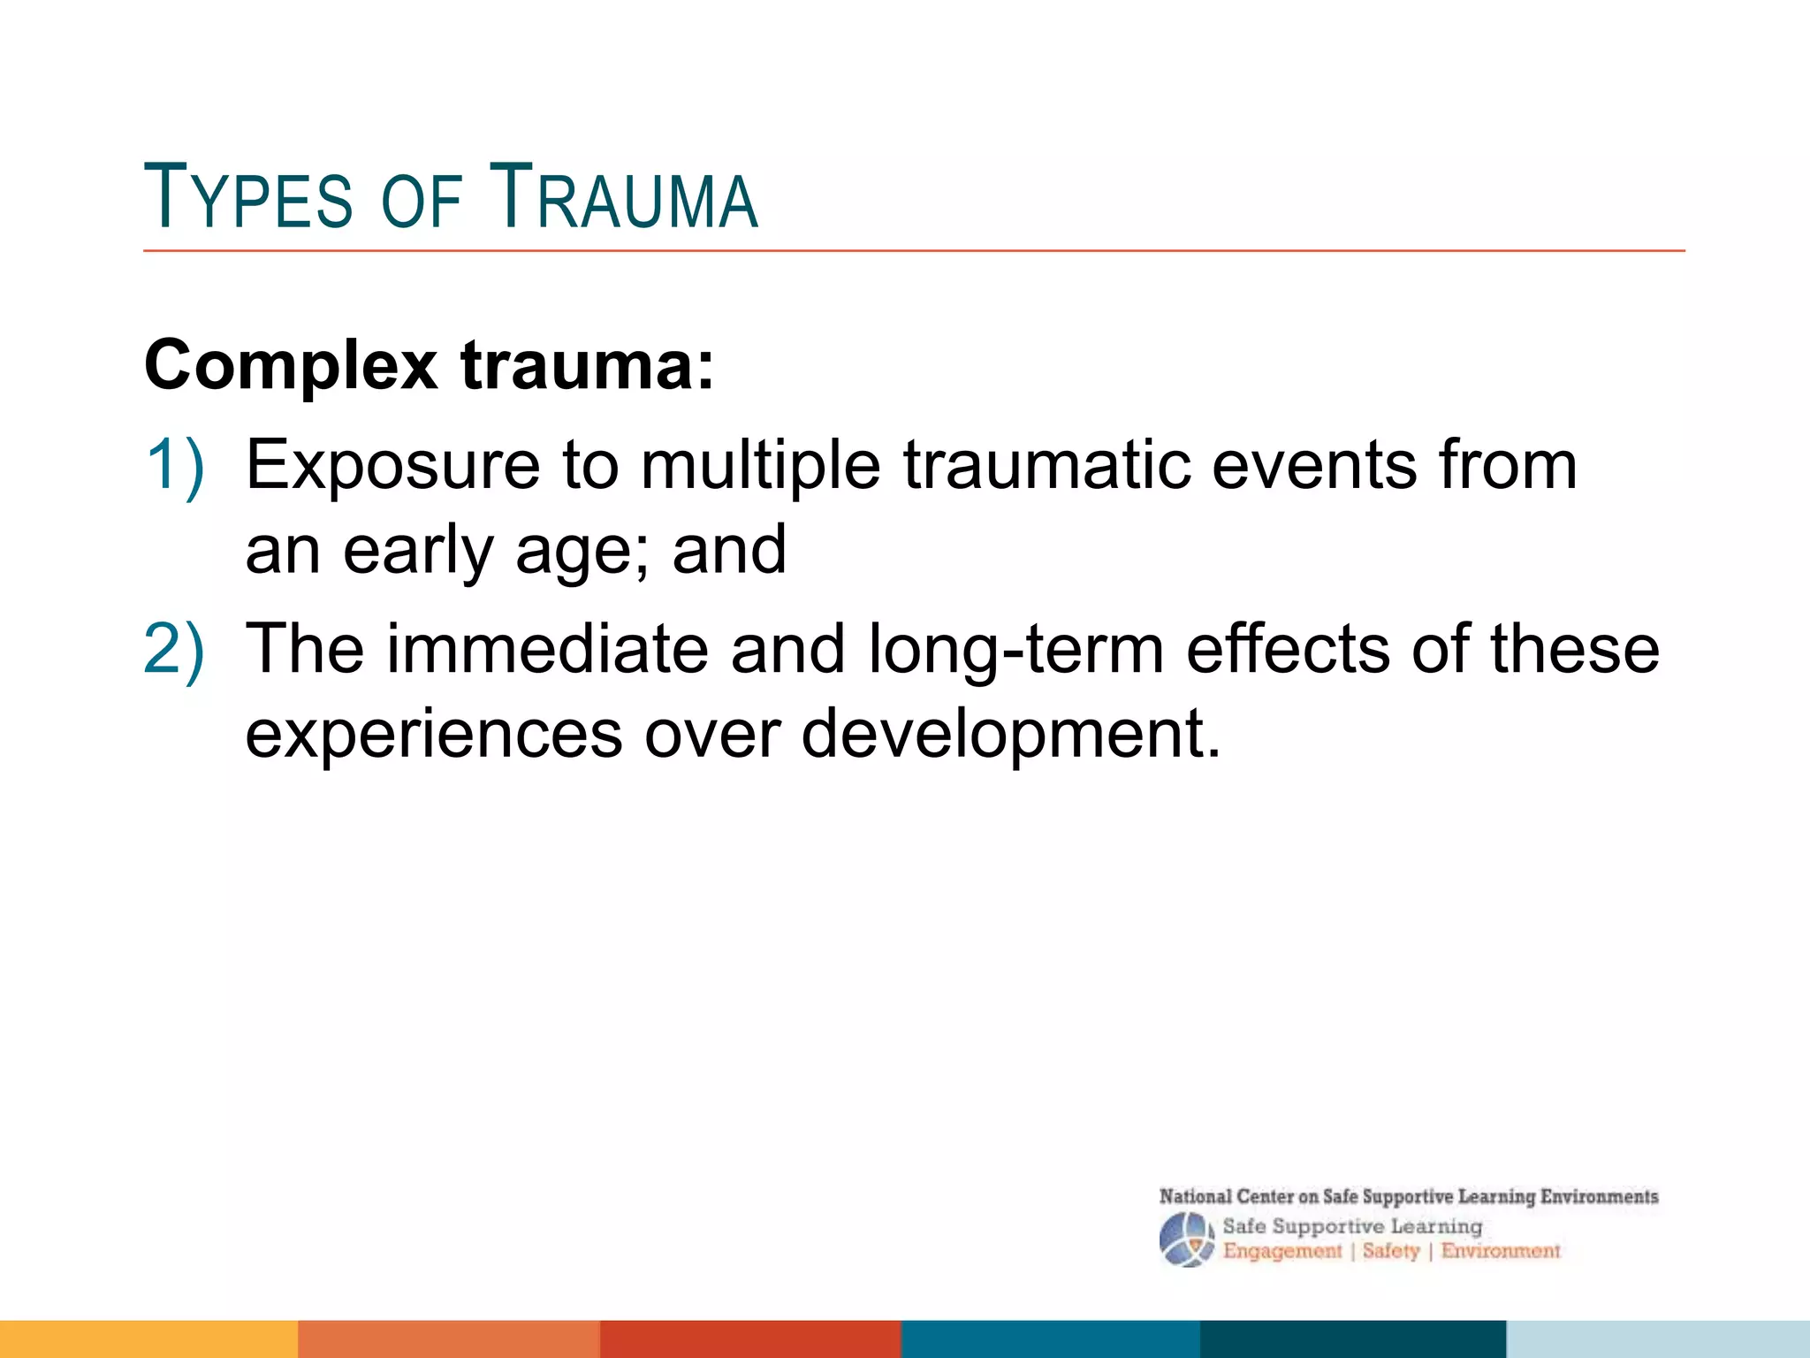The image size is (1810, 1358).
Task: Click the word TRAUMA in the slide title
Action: click(624, 196)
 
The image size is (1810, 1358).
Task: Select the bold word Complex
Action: click(291, 366)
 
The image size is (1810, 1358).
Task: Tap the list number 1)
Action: click(174, 465)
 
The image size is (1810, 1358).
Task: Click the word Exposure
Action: click(392, 467)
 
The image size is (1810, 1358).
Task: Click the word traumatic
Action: click(1046, 465)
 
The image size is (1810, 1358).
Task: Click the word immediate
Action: click(548, 649)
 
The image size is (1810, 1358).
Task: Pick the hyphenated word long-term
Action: click(1015, 651)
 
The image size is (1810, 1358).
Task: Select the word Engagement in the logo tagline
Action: click(1281, 1251)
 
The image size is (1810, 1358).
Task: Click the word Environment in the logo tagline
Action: click(1501, 1251)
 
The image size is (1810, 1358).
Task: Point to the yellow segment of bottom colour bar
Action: click(148, 1339)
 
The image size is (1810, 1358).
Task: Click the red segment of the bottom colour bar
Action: click(749, 1339)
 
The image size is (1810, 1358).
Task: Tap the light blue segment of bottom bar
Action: click(1657, 1339)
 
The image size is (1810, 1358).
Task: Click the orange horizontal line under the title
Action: click(914, 251)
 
